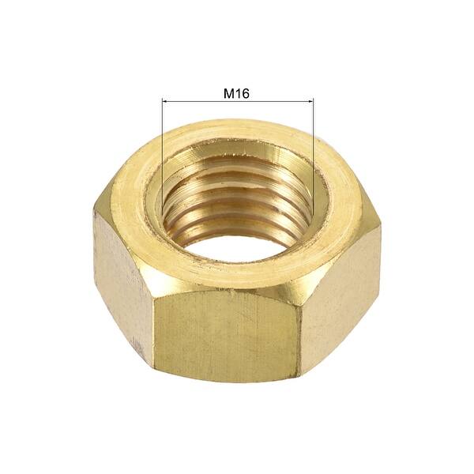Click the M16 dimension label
pyautogui.click(x=237, y=93)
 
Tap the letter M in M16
pyautogui.click(x=228, y=93)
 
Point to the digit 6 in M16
pyautogui.click(x=246, y=93)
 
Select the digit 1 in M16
pyautogui.click(x=238, y=93)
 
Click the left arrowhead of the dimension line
pyautogui.click(x=164, y=101)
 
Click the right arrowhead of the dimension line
pyautogui.click(x=310, y=101)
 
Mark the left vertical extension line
pyautogui.click(x=162, y=150)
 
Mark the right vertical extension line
pyautogui.click(x=313, y=150)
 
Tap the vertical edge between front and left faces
pyautogui.click(x=153, y=324)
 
